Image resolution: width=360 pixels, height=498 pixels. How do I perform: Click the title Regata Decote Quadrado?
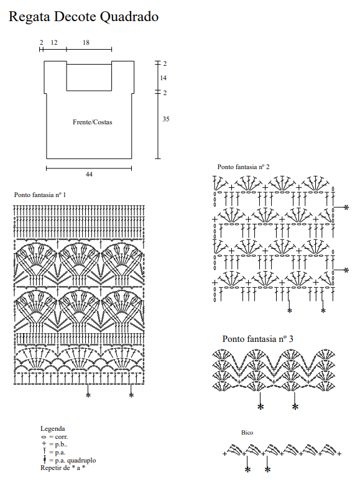[83, 17]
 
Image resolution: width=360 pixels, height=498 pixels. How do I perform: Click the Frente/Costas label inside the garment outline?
[93, 122]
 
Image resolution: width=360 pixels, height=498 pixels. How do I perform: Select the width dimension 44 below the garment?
[89, 174]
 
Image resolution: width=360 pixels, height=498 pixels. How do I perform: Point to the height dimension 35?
[166, 119]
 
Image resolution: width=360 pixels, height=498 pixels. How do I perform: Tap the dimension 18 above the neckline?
[86, 42]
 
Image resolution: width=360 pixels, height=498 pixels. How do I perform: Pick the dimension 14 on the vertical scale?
[163, 78]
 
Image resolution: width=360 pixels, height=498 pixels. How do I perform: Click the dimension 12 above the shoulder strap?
[54, 42]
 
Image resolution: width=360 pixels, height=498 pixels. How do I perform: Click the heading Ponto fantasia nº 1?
[40, 195]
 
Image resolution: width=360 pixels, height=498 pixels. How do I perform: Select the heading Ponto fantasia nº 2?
[243, 167]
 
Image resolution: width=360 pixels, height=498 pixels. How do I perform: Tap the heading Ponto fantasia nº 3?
[257, 339]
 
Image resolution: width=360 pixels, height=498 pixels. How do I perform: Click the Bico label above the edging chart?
[247, 433]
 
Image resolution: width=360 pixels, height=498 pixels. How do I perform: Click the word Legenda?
[52, 429]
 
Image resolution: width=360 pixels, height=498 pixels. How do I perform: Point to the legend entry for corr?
[54, 437]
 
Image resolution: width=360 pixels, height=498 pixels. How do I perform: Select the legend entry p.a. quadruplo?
[68, 460]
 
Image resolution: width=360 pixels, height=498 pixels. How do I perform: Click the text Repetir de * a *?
[63, 468]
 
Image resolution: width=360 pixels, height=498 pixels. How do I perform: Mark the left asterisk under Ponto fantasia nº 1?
[88, 395]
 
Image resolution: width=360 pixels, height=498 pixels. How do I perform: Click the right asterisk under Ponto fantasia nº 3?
[295, 407]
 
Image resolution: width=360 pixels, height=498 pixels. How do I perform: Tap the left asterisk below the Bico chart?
[248, 470]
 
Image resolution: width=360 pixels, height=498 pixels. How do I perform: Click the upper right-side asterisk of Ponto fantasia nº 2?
[346, 208]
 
